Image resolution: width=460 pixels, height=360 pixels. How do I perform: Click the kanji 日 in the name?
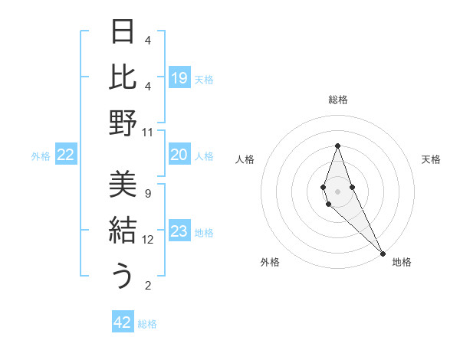123,32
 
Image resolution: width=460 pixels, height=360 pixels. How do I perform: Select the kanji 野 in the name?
123,122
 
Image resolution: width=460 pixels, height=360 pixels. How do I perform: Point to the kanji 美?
123,185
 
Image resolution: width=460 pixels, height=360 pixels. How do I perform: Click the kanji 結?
123,231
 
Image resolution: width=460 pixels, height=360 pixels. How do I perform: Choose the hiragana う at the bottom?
123,276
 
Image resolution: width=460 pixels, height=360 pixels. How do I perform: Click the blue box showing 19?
179,77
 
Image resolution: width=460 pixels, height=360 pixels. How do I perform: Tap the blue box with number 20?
179,155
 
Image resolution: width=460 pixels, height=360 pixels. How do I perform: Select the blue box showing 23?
179,232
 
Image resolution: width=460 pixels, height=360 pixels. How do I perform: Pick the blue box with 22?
66,155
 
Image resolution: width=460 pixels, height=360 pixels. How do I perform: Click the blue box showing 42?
123,322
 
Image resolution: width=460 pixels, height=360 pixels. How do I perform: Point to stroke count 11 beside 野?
148,132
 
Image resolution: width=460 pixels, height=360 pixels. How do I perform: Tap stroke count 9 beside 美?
148,194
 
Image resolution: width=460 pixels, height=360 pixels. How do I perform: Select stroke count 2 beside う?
148,286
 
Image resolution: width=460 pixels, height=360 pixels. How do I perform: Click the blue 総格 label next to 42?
148,324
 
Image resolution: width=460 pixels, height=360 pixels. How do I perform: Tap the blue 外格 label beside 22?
41,156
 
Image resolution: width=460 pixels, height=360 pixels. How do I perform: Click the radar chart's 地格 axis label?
402,263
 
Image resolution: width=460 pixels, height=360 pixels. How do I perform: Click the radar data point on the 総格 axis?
337,146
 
